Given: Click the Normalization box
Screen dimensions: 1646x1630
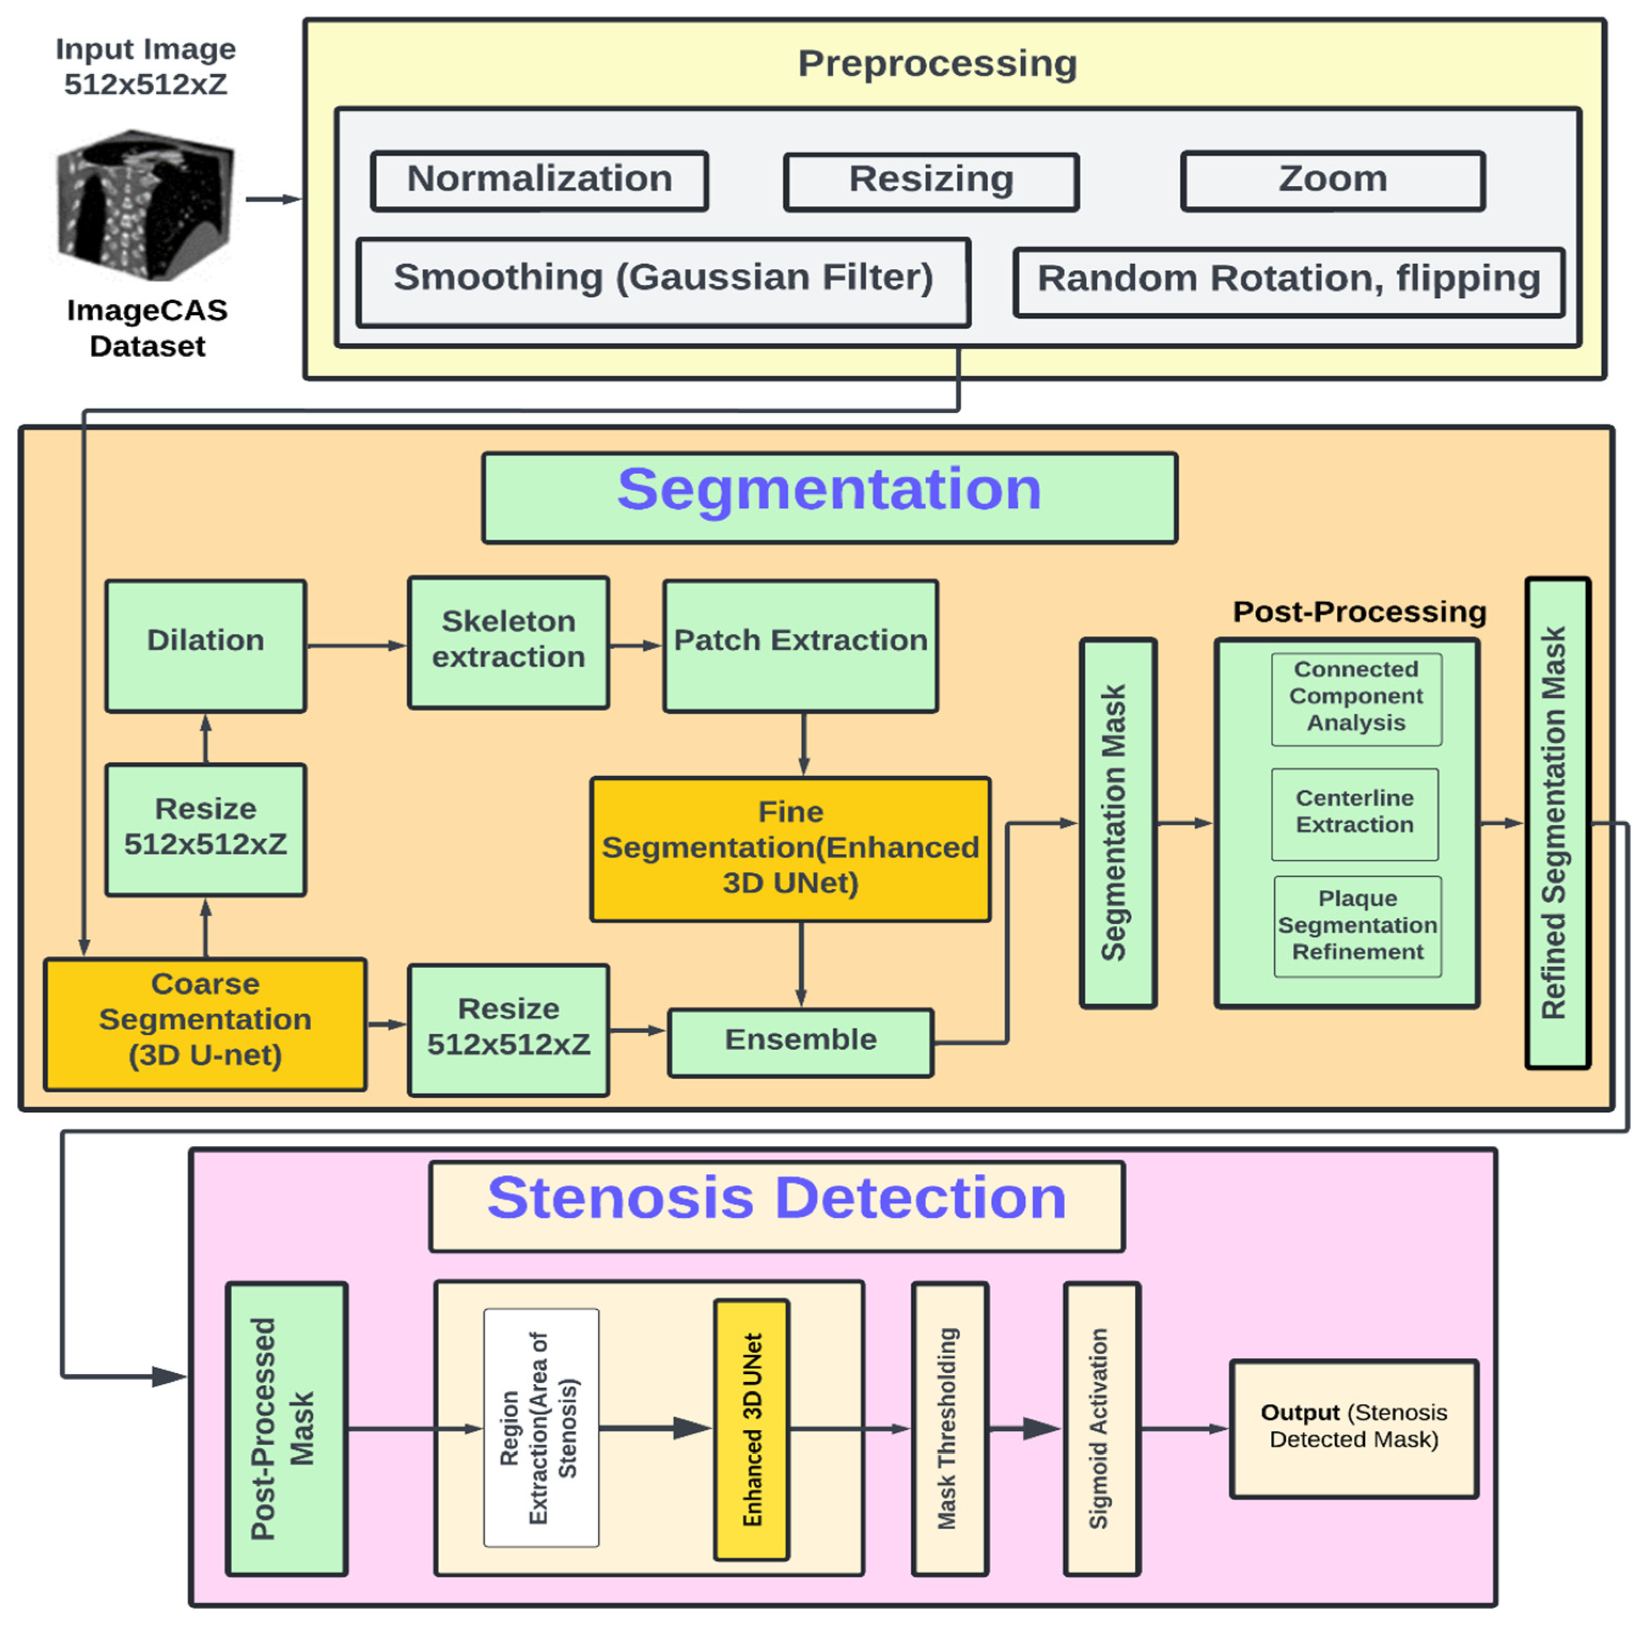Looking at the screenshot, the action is click(x=539, y=180).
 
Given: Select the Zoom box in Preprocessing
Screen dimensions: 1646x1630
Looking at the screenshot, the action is click(x=1333, y=180).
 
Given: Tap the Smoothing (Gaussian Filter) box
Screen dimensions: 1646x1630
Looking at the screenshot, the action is click(x=663, y=282).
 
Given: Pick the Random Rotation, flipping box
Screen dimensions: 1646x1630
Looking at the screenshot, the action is click(x=1289, y=282).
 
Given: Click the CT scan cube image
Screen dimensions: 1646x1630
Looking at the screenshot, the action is click(x=146, y=204).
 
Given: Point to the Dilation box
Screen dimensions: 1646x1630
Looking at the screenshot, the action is click(x=205, y=646).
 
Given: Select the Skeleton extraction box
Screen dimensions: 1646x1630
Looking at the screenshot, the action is click(x=509, y=642).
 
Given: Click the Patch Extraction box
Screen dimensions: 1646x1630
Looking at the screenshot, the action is click(x=801, y=646).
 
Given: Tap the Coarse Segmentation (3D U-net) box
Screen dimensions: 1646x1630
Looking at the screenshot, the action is click(x=205, y=1023).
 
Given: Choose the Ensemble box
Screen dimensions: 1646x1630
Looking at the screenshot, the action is click(x=801, y=1042).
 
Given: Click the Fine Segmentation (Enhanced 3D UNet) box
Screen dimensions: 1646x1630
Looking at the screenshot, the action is click(x=790, y=849).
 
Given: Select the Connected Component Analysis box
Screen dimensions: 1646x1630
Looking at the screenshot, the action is click(x=1356, y=699).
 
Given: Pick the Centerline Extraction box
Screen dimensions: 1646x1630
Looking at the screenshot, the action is click(x=1355, y=815).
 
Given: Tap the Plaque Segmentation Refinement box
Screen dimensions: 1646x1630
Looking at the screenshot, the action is click(x=1358, y=926).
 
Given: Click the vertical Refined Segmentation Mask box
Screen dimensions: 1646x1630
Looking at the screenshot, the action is click(x=1557, y=822).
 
